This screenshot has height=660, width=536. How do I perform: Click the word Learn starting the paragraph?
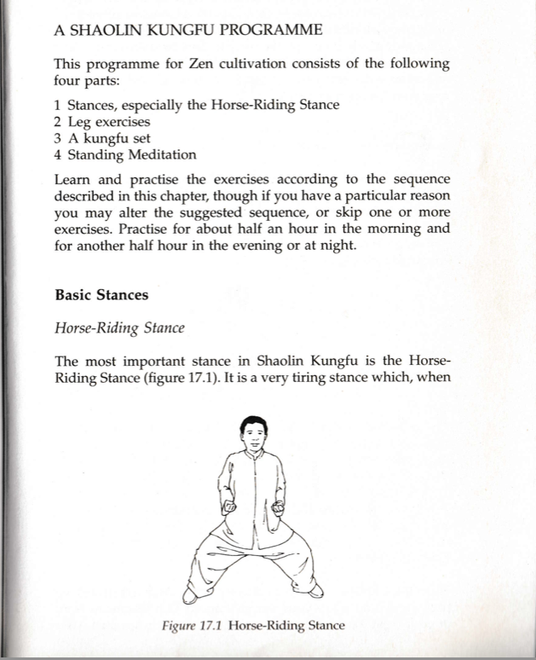(72, 180)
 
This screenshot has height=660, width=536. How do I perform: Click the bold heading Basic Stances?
(101, 295)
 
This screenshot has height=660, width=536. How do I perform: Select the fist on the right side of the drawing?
(279, 508)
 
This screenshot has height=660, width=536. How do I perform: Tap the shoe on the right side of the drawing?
(316, 588)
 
